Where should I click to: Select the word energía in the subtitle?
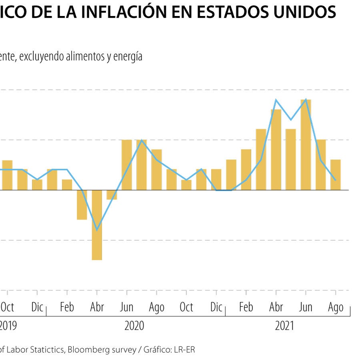pyautogui.click(x=128, y=57)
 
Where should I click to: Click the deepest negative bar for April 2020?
pyautogui.click(x=97, y=225)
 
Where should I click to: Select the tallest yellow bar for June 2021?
pyautogui.click(x=306, y=144)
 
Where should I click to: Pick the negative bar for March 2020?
pyautogui.click(x=82, y=205)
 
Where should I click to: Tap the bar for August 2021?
pyautogui.click(x=336, y=175)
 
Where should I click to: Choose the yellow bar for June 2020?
pyautogui.click(x=127, y=165)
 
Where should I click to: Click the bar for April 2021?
pyautogui.click(x=276, y=150)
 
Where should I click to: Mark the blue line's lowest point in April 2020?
pyautogui.click(x=97, y=230)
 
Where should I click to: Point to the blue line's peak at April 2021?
pyautogui.click(x=276, y=100)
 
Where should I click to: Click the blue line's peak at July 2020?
pyautogui.click(x=142, y=140)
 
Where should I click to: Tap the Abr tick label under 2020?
pyautogui.click(x=97, y=307)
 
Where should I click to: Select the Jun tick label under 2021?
pyautogui.click(x=306, y=307)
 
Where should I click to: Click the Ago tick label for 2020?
pyautogui.click(x=156, y=307)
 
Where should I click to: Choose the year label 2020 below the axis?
pyautogui.click(x=134, y=326)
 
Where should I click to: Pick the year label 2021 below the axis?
pyautogui.click(x=284, y=326)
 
